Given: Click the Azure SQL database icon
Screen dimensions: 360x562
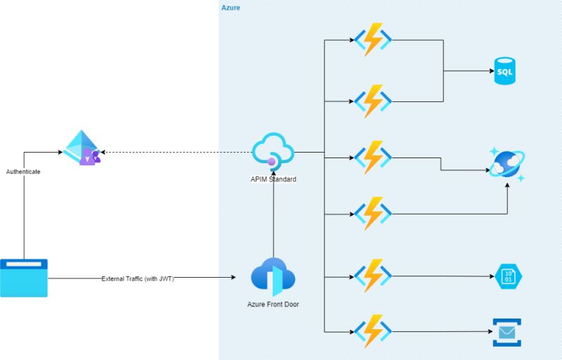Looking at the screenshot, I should click(504, 71).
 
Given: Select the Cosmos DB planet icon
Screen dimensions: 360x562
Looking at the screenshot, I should click(507, 164).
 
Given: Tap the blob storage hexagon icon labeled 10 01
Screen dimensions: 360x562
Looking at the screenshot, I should click(508, 276).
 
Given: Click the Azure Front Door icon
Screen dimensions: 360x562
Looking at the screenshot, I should click(273, 276).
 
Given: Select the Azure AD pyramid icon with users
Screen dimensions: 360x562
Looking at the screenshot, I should click(82, 148).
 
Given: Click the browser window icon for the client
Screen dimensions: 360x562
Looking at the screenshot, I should click(24, 278).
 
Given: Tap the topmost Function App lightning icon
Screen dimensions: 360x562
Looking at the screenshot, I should click(373, 40).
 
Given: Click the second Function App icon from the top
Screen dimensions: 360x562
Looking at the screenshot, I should click(373, 102).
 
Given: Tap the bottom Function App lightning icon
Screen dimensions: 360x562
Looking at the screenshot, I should click(373, 331).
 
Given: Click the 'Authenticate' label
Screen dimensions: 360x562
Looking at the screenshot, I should click(23, 172).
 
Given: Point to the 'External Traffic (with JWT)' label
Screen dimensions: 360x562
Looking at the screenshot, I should click(138, 278).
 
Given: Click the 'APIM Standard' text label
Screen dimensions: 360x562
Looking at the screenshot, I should click(273, 179).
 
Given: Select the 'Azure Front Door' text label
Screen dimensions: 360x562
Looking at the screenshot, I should click(273, 304).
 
